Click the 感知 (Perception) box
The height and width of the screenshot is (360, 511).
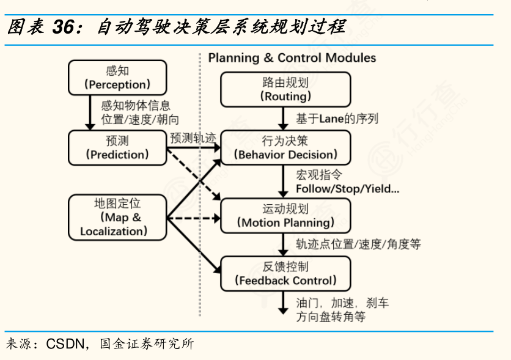(117, 77)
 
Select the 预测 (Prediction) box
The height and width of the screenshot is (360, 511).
(117, 147)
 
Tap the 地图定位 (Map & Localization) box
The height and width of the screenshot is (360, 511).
(117, 217)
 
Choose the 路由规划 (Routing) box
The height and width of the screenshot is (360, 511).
(285, 89)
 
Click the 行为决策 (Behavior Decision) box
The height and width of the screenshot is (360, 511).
(285, 147)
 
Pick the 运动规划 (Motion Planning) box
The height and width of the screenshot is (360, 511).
(285, 216)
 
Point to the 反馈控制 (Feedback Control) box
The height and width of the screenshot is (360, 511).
(285, 273)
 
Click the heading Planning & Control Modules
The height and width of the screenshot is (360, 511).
(292, 58)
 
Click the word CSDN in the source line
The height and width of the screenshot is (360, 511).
(66, 343)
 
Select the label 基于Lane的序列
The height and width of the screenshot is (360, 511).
(337, 118)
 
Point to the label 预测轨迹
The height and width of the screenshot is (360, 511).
(193, 138)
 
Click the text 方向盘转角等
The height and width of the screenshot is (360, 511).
(331, 317)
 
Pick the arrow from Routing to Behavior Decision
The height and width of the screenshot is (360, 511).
(284, 117)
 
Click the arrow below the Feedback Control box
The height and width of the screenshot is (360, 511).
(284, 303)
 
